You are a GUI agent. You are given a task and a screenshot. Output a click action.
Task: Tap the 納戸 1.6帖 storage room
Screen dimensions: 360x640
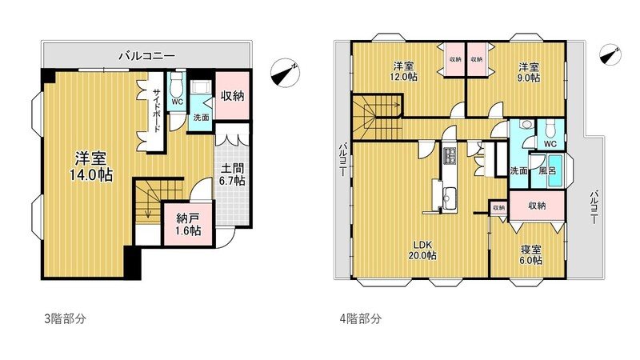click(x=182, y=223)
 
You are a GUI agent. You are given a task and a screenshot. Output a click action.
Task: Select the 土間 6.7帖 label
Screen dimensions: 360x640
click(x=234, y=175)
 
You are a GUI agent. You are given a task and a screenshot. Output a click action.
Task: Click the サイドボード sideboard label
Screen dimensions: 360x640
click(x=157, y=112)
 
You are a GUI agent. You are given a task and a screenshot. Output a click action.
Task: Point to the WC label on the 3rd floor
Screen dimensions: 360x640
click(x=178, y=102)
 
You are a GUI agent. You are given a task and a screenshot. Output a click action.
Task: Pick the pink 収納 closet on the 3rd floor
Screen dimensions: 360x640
click(x=233, y=95)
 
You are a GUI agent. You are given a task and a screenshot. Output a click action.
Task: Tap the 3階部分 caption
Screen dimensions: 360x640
click(x=63, y=318)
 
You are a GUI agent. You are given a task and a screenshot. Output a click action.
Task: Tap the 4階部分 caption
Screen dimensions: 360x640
click(x=359, y=318)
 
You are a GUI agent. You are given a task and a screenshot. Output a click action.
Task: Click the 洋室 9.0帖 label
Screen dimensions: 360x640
click(x=527, y=71)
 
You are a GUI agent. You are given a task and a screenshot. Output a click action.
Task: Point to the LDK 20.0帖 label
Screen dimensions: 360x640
click(x=424, y=250)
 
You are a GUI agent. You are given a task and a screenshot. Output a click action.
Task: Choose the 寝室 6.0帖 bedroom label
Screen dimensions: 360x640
click(x=530, y=254)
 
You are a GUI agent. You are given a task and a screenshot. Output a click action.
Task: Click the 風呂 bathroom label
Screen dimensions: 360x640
click(x=547, y=170)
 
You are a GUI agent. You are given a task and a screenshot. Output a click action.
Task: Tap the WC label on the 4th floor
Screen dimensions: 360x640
click(x=550, y=144)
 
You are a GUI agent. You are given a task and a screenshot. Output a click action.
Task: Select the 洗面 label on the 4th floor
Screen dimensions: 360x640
click(x=518, y=170)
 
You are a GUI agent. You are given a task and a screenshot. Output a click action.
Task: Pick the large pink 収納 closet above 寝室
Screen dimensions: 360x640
click(x=537, y=206)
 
